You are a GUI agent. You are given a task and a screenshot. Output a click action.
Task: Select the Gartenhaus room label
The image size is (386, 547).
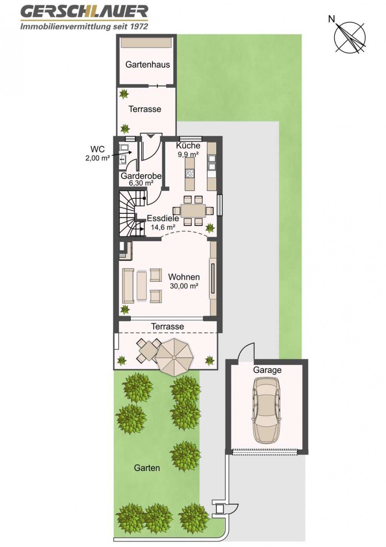point(148,65)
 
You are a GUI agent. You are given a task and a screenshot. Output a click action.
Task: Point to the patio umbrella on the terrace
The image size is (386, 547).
point(175,357)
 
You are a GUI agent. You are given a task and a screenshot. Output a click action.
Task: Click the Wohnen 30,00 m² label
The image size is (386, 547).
point(184,281)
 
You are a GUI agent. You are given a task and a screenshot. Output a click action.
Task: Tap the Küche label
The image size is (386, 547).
point(188,146)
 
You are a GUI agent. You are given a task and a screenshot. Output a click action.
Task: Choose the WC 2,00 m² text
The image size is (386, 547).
point(97,153)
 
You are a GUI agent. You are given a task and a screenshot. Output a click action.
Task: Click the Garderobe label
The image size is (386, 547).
point(141,176)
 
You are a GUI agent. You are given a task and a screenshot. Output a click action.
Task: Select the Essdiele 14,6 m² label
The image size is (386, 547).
point(163,222)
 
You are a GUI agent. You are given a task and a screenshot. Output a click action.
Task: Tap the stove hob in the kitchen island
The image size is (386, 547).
point(190,173)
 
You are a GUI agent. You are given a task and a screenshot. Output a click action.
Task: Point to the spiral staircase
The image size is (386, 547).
point(132,214)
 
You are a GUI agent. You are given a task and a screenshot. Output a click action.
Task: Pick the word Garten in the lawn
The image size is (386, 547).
point(147,468)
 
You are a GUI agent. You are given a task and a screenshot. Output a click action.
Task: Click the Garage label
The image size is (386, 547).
point(267,370)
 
